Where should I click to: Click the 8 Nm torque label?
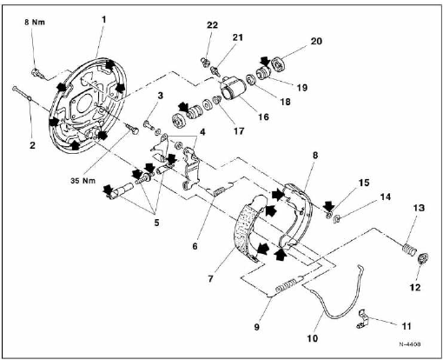(x=35, y=23)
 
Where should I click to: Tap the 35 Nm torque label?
(x=83, y=181)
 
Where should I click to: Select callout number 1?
(x=103, y=20)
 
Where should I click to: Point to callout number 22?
(x=212, y=25)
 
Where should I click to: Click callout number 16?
(x=263, y=117)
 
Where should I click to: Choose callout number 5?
(x=156, y=223)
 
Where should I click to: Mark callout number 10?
(x=312, y=338)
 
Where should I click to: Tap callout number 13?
(x=419, y=208)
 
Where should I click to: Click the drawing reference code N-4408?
(x=410, y=344)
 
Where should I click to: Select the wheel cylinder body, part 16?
(x=233, y=88)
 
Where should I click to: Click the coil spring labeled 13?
(x=409, y=250)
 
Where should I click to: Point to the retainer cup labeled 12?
(x=424, y=258)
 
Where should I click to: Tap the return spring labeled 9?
(x=288, y=284)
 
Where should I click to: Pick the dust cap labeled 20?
(x=278, y=65)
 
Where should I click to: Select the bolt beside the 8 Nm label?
(x=37, y=73)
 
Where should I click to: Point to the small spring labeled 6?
(x=220, y=191)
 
